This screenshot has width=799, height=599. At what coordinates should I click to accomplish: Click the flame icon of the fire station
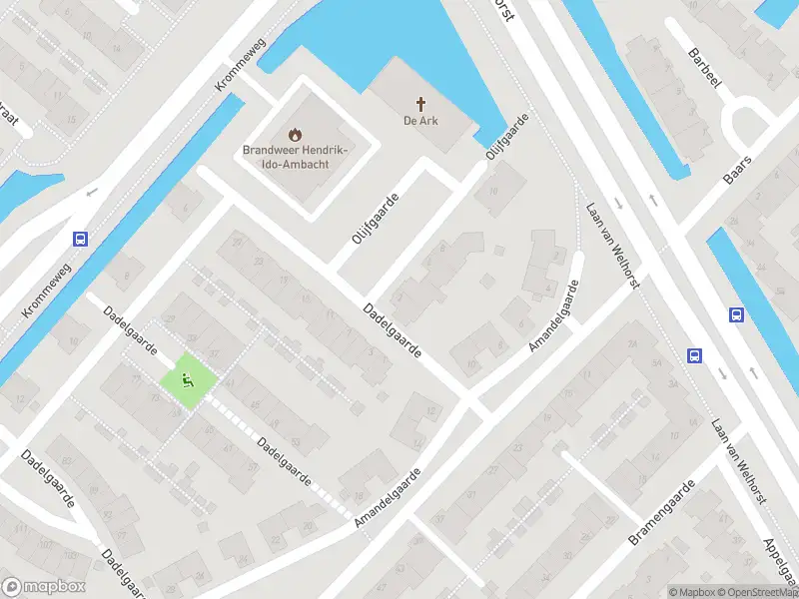click(x=294, y=133)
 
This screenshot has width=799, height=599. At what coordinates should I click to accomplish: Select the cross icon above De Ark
click(x=422, y=103)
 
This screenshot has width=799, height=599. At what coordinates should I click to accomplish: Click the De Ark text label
click(x=422, y=122)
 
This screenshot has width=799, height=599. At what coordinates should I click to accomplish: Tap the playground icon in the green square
click(x=187, y=378)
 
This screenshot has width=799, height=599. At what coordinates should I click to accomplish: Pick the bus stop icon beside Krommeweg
click(x=80, y=239)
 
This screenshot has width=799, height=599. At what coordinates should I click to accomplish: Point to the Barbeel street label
click(x=702, y=66)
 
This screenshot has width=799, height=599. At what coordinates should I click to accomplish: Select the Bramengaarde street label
click(x=660, y=512)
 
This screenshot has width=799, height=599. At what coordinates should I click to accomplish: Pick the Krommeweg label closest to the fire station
click(x=236, y=70)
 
